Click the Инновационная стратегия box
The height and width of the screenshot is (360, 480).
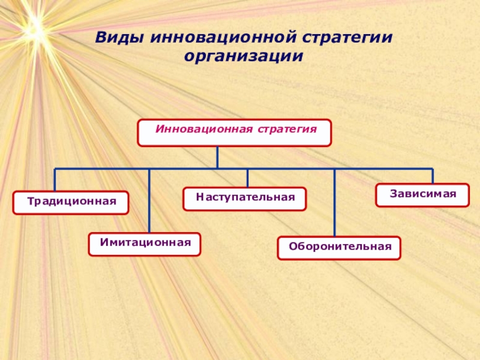(x=234, y=133)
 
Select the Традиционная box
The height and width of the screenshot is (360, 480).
(x=71, y=203)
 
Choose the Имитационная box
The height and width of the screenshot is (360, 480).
(x=145, y=244)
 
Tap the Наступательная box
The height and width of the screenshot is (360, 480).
(x=245, y=199)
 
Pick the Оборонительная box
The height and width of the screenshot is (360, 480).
(x=339, y=248)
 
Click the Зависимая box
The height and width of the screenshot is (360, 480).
(x=422, y=195)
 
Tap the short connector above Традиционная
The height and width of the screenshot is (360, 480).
(x=55, y=180)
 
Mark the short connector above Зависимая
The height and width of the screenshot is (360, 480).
(x=433, y=176)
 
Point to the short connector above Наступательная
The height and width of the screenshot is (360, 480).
(x=248, y=178)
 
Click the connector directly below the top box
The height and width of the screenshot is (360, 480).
(x=217, y=157)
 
